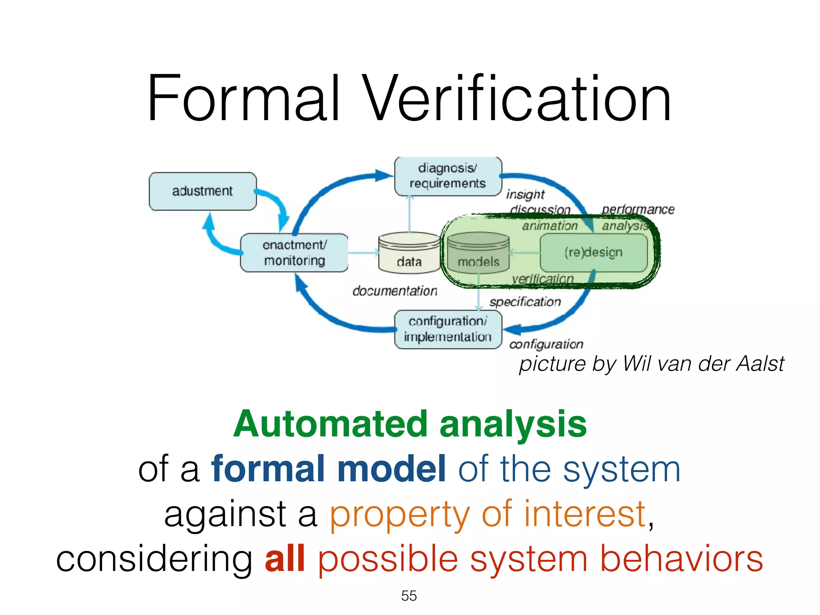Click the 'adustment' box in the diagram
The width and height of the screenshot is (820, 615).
tap(203, 191)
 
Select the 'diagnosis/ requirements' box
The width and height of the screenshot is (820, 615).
tap(448, 176)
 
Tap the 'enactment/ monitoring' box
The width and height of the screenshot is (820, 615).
tap(294, 253)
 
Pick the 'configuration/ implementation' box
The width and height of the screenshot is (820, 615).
tap(448, 329)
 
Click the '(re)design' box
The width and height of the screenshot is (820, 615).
tap(593, 253)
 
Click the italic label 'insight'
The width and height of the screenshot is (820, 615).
tap(525, 195)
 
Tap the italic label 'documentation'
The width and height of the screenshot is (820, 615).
tap(395, 291)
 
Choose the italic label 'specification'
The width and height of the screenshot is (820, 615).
tap(525, 302)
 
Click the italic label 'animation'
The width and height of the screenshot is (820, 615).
tap(550, 226)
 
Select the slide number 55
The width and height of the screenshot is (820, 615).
tap(409, 596)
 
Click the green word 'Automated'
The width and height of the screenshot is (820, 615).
tap(331, 424)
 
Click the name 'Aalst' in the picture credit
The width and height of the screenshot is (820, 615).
tap(760, 364)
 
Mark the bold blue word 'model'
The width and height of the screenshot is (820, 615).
tap(392, 469)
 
